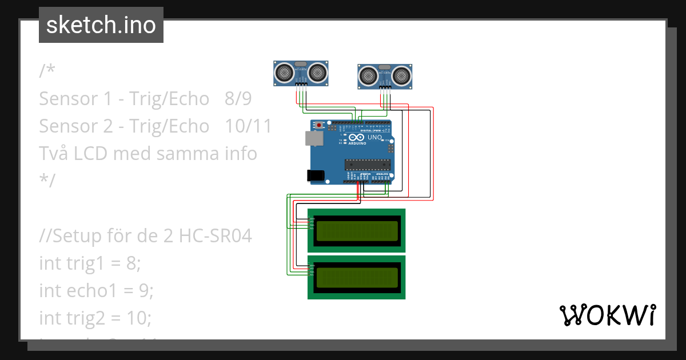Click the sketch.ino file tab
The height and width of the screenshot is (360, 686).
pyautogui.click(x=101, y=25)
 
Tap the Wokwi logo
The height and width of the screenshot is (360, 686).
pyautogui.click(x=607, y=315)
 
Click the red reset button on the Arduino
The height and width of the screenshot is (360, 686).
pyautogui.click(x=319, y=124)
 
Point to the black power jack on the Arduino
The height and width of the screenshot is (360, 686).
pyautogui.click(x=316, y=175)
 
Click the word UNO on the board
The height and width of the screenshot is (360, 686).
pyautogui.click(x=374, y=138)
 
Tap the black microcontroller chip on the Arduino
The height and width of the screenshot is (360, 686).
pyautogui.click(x=367, y=165)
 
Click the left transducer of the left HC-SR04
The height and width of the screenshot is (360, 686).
pyautogui.click(x=284, y=72)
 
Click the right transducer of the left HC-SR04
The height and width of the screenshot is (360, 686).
pyautogui.click(x=318, y=72)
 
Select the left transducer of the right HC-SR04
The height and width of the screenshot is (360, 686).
pyautogui.click(x=368, y=75)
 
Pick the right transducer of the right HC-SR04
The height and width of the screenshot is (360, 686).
pyautogui.click(x=402, y=75)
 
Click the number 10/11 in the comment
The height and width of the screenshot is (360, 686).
pyautogui.click(x=248, y=126)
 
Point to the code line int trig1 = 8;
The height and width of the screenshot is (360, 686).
pyautogui.click(x=90, y=263)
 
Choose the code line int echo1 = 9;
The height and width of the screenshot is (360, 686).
pyautogui.click(x=96, y=290)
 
